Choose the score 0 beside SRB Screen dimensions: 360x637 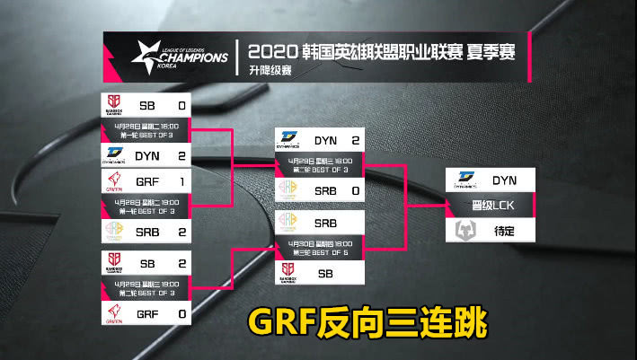[356, 191]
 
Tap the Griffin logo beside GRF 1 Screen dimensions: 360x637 [115, 181]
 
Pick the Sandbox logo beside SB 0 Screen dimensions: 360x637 [115, 105]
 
